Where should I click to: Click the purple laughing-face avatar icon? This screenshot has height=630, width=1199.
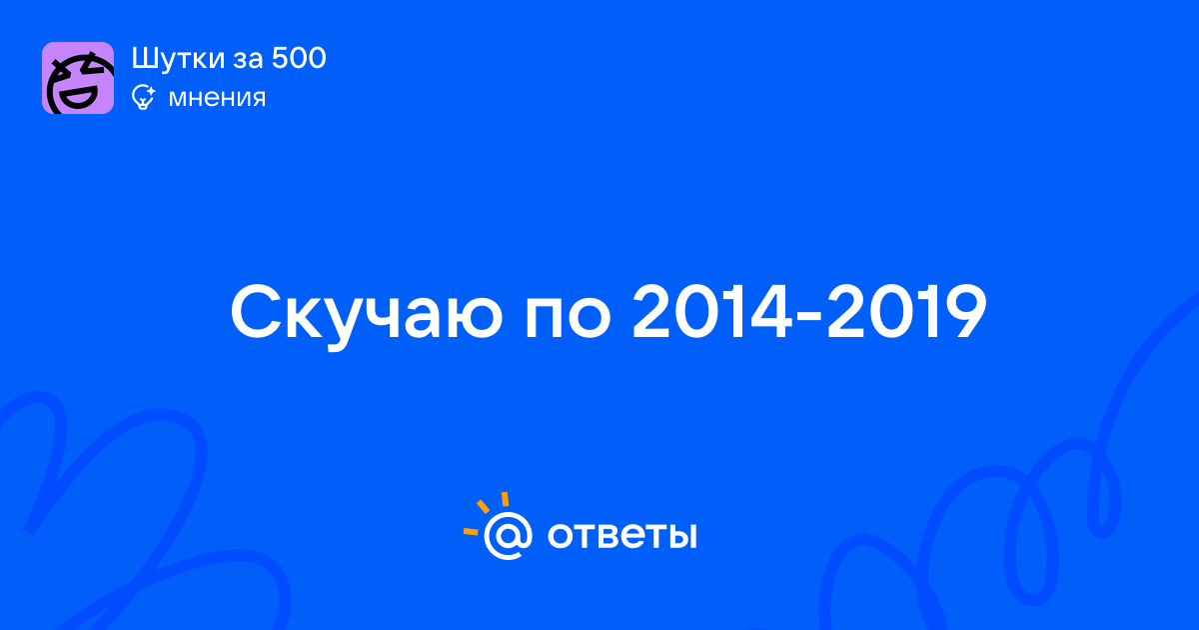(x=78, y=78)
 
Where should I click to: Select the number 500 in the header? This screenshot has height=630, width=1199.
(x=299, y=58)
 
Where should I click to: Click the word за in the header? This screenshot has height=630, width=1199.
(x=248, y=61)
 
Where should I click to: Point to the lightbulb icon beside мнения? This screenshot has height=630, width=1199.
(x=143, y=98)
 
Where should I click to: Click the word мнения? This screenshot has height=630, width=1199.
(x=217, y=99)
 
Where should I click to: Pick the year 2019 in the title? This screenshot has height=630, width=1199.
(x=907, y=312)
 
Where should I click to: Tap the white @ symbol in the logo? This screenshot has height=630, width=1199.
(x=508, y=535)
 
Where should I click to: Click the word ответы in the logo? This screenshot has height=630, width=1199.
(x=622, y=536)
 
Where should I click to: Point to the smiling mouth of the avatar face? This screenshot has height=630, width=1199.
(x=78, y=98)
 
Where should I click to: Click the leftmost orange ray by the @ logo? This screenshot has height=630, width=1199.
(x=471, y=532)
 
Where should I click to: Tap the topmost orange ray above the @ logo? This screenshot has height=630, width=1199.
(x=505, y=499)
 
